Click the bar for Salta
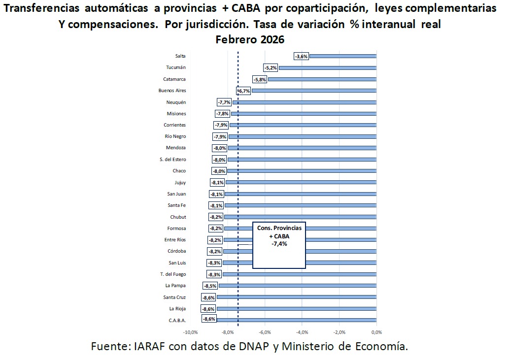pyautogui.click(x=342, y=56)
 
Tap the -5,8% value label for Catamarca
pyautogui.click(x=259, y=79)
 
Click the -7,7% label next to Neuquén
pyautogui.click(x=224, y=102)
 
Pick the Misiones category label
pyautogui.click(x=176, y=114)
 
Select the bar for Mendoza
pyautogui.click(x=302, y=148)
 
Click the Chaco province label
pyautogui.click(x=179, y=171)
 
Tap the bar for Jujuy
pyautogui.click(x=301, y=183)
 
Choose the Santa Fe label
pyautogui.click(x=176, y=205)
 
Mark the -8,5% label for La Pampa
pyautogui.click(x=210, y=286)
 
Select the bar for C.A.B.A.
pyautogui.click(x=296, y=320)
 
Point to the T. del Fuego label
pyautogui.click(x=172, y=274)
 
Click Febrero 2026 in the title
pyautogui.click(x=250, y=39)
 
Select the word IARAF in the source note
pyautogui.click(x=148, y=346)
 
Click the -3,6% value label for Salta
pyautogui.click(x=301, y=56)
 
